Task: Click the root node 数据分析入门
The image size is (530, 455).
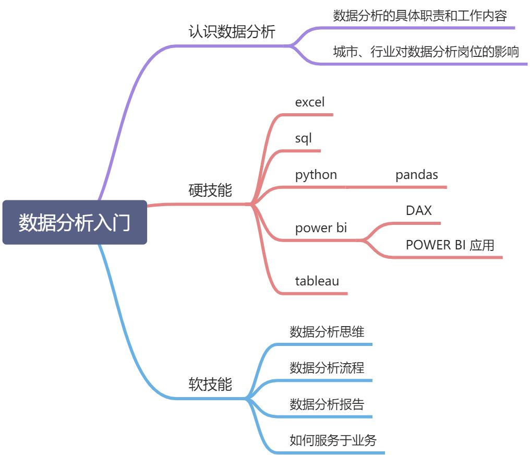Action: tap(75, 222)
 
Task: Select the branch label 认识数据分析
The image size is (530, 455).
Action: tap(231, 32)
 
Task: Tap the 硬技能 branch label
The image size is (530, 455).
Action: tap(210, 190)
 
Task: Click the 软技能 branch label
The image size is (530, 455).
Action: tap(210, 385)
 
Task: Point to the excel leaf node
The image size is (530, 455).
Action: tap(309, 102)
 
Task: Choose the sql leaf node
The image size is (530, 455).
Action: tap(303, 138)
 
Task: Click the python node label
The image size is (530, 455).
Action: tap(316, 174)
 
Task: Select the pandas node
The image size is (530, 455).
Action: tap(416, 174)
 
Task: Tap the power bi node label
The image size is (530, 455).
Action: tap(321, 228)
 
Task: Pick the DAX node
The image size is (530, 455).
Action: tap(419, 210)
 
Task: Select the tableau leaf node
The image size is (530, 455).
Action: tap(317, 281)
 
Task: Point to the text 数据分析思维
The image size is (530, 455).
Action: tap(327, 331)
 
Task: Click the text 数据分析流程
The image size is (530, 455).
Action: tap(327, 367)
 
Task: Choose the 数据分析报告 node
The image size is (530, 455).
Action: tap(327, 403)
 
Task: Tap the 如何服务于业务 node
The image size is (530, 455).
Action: tap(333, 439)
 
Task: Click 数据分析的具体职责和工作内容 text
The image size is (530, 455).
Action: tap(420, 15)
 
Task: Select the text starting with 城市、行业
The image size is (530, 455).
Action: tap(426, 52)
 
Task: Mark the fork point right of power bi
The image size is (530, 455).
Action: tap(364, 241)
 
